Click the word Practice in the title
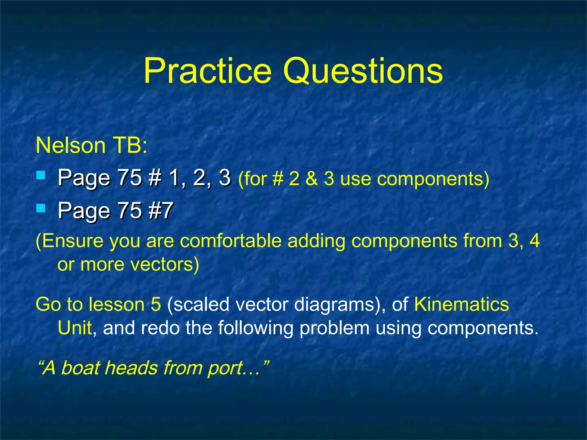(207, 71)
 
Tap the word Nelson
(71, 145)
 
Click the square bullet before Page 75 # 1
(41, 175)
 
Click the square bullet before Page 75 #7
(41, 208)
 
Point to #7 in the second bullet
(161, 210)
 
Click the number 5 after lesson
(156, 304)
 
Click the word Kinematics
(461, 304)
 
